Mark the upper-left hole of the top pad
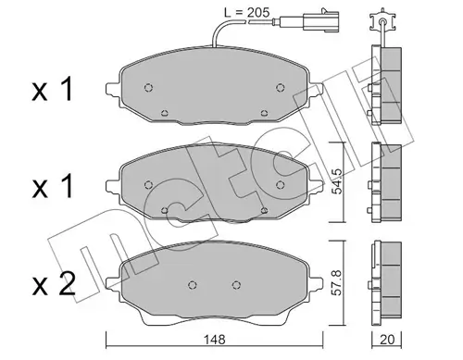click(149, 89)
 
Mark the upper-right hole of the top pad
click(282, 89)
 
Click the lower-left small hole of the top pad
click(164, 116)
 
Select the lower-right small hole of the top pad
click(266, 116)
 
